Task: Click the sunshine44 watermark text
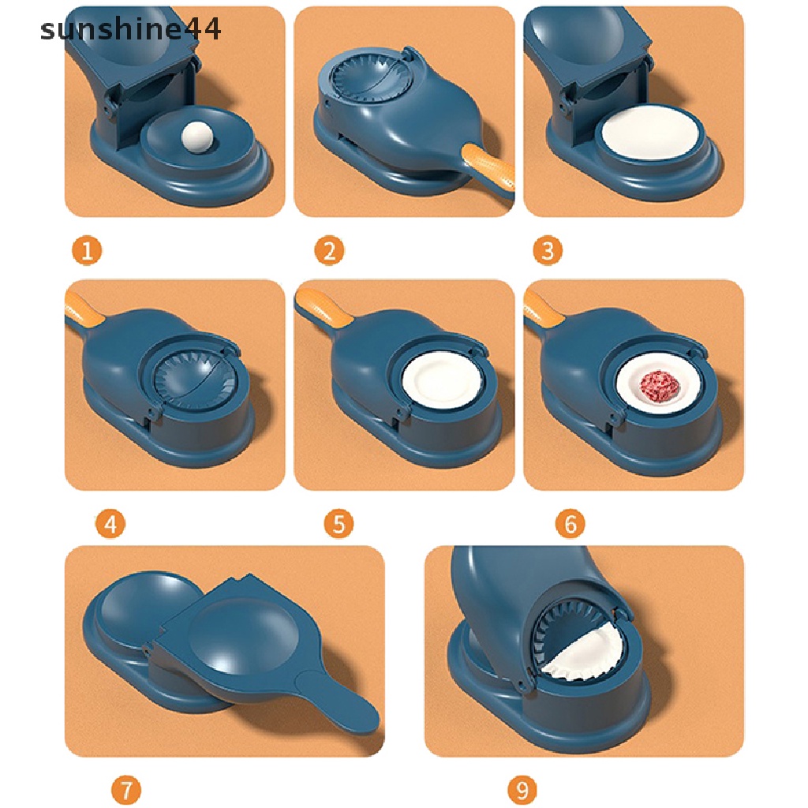131,30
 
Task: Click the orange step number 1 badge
87,252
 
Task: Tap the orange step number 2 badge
329,252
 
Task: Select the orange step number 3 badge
548,252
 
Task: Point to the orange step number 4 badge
110,524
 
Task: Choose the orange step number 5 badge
339,524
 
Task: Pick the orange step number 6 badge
570,524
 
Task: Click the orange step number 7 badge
126,789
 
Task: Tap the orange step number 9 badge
522,789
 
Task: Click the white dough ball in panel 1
193,140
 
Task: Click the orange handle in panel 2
488,167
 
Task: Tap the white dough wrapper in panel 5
441,383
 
